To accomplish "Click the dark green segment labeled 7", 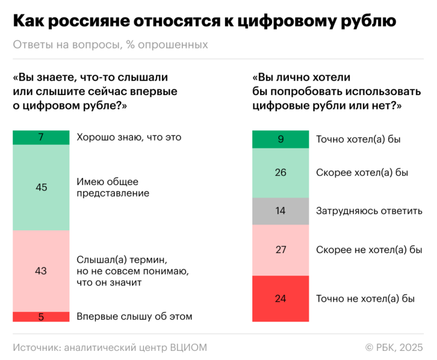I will pos(41,137).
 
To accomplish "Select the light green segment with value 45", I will pos(41,187).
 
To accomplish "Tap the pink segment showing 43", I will pos(41,271).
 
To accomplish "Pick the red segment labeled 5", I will pos(41,317).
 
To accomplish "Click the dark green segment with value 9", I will pos(281,140).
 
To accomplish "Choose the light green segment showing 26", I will pos(281,173).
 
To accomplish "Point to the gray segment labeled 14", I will pos(281,211).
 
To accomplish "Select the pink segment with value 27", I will pos(281,250).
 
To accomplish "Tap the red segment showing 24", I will pos(281,299).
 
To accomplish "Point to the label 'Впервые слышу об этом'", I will pos(134,317).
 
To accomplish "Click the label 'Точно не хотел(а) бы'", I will pos(365,299).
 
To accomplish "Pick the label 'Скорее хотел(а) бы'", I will pos(362,173).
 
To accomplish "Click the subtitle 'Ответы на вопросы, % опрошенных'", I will pos(110,45).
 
